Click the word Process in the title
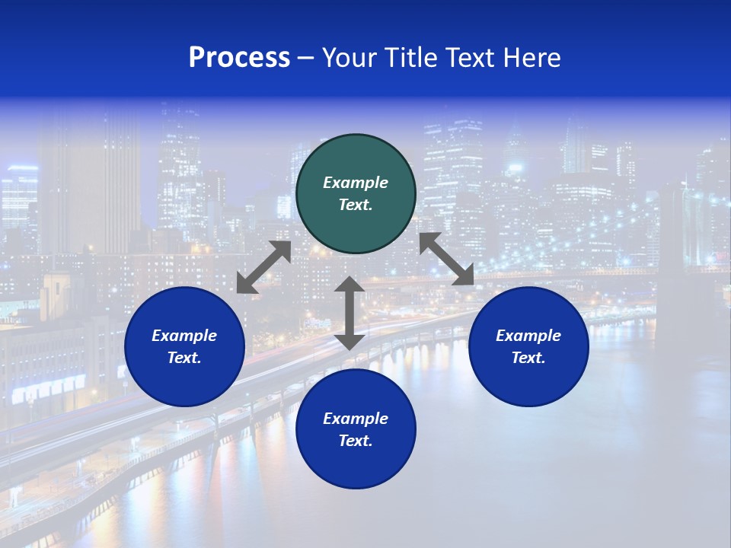pyautogui.click(x=239, y=58)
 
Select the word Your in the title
pyautogui.click(x=351, y=58)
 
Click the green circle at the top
pyautogui.click(x=356, y=194)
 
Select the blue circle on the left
pyautogui.click(x=184, y=346)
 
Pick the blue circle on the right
pyautogui.click(x=528, y=346)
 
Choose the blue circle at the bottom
pyautogui.click(x=356, y=429)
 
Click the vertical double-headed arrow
pyautogui.click(x=350, y=313)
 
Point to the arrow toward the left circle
pyautogui.click(x=263, y=267)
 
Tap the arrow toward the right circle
pyautogui.click(x=446, y=259)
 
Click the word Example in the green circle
pyautogui.click(x=356, y=183)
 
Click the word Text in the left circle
pyautogui.click(x=184, y=358)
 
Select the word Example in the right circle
pyautogui.click(x=528, y=336)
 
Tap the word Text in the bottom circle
pyautogui.click(x=356, y=441)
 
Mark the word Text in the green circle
pyautogui.click(x=356, y=205)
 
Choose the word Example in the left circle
pyautogui.click(x=184, y=336)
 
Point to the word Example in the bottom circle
pyautogui.click(x=356, y=419)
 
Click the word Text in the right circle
pyautogui.click(x=528, y=358)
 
